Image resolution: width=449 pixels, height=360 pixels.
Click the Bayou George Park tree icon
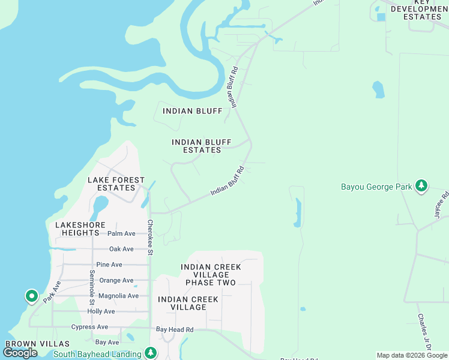click(422, 186)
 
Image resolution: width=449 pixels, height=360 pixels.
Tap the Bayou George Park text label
click(376, 187)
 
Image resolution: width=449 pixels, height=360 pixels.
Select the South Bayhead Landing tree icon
click(150, 353)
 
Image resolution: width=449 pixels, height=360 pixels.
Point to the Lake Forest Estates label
click(116, 184)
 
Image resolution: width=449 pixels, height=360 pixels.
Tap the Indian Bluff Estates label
click(202, 146)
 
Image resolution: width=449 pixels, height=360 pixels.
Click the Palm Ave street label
click(121, 233)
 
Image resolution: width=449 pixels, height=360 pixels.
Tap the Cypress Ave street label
click(90, 327)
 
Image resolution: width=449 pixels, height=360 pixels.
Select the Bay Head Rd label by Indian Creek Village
click(175, 329)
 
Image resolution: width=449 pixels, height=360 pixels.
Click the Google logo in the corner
click(20, 353)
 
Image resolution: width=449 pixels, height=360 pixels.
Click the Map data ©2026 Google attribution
click(412, 355)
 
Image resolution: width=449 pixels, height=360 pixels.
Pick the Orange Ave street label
click(116, 280)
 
